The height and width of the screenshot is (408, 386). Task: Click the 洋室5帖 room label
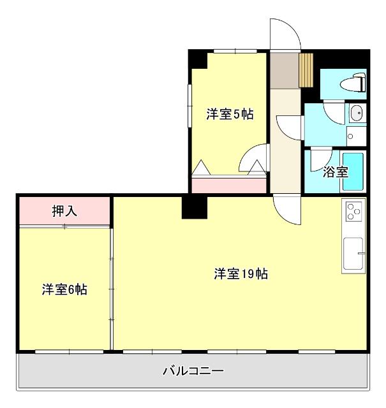point(230,115)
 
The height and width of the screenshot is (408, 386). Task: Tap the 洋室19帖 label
point(241,274)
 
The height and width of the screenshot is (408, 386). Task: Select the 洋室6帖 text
point(64,289)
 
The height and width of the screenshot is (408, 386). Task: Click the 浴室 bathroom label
point(335,171)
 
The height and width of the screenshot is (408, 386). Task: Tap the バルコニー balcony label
point(193,370)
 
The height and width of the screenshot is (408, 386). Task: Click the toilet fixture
point(352,84)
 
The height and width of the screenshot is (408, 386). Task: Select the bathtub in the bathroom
point(352,171)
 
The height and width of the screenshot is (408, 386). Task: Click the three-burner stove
point(353,210)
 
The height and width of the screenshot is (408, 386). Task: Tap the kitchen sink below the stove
point(353,254)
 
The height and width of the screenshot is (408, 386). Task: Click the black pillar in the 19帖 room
point(194,207)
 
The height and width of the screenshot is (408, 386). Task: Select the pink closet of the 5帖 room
point(229,186)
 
